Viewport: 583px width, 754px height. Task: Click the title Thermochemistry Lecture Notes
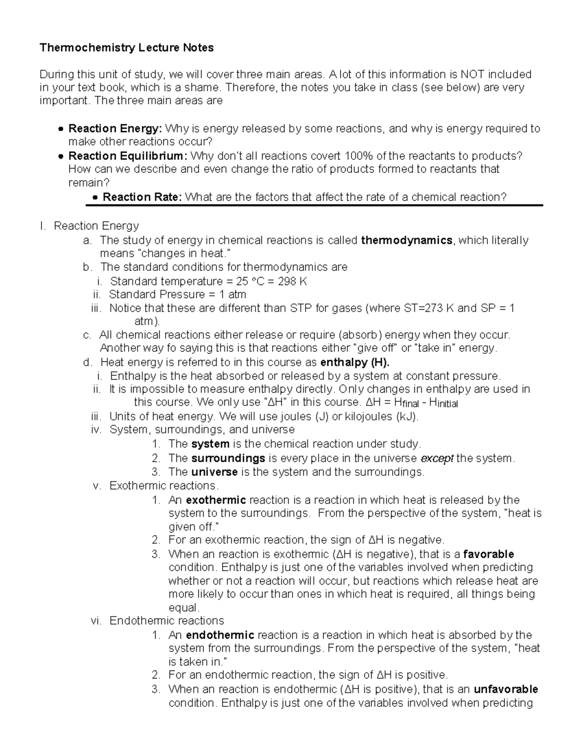[x=126, y=48]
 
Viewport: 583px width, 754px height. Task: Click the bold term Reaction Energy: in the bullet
[x=115, y=129]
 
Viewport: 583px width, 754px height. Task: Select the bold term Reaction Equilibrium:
[x=128, y=156]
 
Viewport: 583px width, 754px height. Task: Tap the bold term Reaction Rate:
[x=142, y=197]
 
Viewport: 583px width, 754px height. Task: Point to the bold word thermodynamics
[x=407, y=240]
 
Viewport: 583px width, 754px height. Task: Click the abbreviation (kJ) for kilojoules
[x=407, y=417]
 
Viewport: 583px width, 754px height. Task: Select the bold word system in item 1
[x=210, y=444]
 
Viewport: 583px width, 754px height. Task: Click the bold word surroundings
[x=228, y=458]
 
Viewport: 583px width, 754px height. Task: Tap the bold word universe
[x=214, y=472]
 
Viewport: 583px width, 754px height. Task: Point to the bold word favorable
[x=489, y=554]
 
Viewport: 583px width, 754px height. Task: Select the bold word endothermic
[x=220, y=635]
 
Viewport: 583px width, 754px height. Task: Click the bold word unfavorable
[x=506, y=689]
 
